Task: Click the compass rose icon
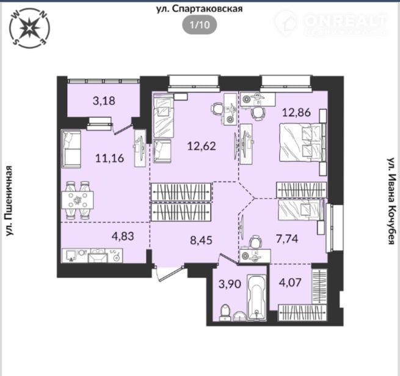29,28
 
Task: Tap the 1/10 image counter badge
200,25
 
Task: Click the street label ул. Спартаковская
199,9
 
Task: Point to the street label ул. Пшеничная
9,201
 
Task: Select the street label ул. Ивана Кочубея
391,201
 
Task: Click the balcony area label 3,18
104,101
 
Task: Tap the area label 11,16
110,158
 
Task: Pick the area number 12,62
202,146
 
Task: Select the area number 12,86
296,112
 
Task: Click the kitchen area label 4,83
123,236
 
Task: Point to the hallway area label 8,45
202,240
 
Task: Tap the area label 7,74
287,239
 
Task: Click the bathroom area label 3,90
230,284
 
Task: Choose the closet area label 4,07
290,282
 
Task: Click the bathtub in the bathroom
256,297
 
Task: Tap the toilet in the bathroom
225,312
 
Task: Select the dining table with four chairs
78,201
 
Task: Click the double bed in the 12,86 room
301,142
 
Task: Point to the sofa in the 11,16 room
71,149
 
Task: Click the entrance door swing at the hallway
169,274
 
